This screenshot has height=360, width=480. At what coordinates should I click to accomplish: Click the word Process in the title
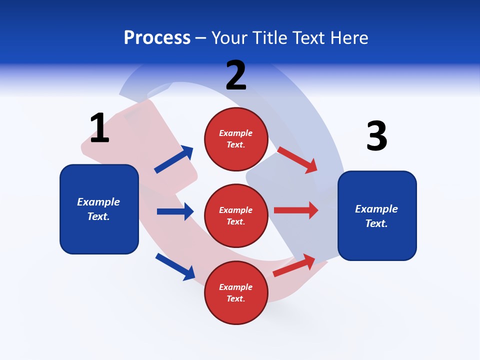tap(157, 38)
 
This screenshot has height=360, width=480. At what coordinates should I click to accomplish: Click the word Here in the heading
tap(347, 38)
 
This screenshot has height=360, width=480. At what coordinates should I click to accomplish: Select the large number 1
tap(99, 128)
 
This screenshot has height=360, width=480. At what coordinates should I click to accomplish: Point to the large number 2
tap(236, 75)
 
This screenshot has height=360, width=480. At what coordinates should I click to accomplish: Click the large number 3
tap(376, 136)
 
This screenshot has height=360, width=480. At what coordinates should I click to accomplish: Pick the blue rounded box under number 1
tap(99, 209)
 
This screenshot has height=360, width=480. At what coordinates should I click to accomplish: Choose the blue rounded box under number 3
tap(377, 215)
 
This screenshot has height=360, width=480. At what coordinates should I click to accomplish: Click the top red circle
tap(236, 138)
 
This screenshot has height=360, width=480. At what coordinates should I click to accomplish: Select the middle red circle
tap(236, 215)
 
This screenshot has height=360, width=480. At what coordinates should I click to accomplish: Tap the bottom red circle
tap(236, 292)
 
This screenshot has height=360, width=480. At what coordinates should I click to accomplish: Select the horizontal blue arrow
tap(175, 211)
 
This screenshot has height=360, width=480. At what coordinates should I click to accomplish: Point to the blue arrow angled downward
tap(175, 266)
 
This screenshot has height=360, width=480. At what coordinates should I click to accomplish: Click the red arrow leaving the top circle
tap(297, 160)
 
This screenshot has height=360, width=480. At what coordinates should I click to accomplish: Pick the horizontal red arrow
tap(296, 210)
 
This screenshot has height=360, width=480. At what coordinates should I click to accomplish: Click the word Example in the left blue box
tap(98, 202)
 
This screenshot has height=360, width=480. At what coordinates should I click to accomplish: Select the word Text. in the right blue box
tap(376, 223)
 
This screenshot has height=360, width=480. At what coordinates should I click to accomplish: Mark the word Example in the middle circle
tap(236, 210)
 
